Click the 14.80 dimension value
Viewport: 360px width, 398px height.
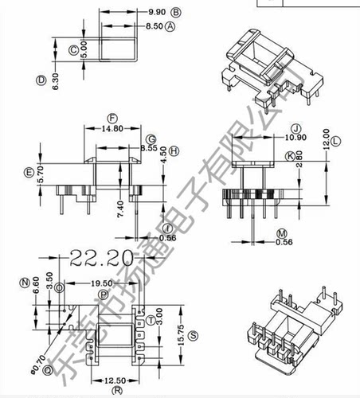click(112, 127)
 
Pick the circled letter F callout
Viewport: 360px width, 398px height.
click(112, 116)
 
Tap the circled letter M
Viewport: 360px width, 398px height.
click(280, 232)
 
